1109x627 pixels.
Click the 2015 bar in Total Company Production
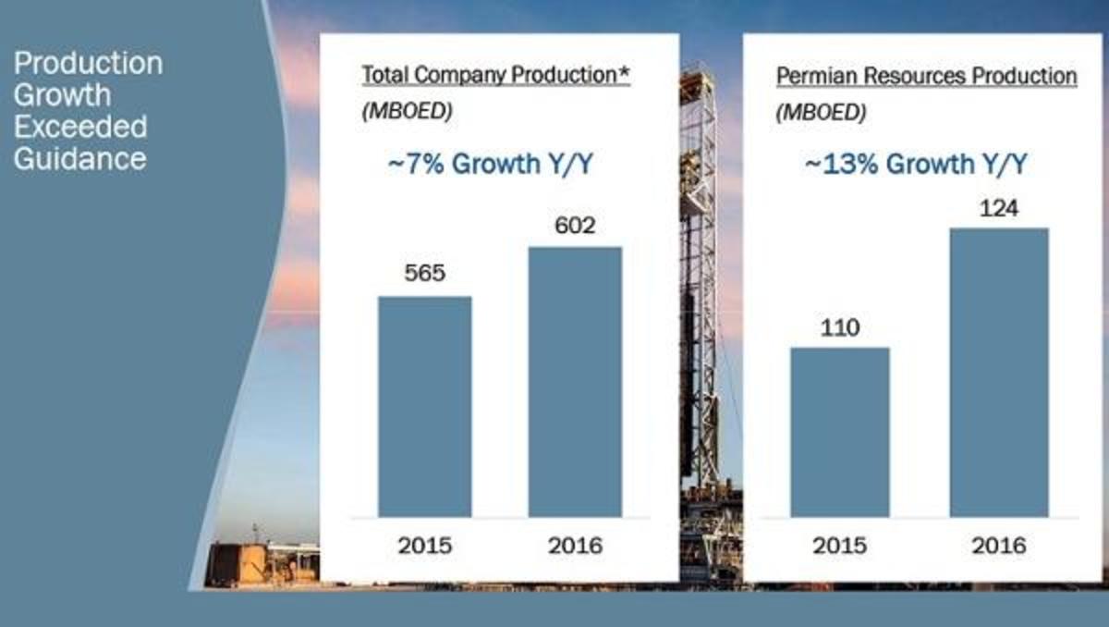tap(425, 407)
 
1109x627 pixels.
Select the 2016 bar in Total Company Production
tap(575, 382)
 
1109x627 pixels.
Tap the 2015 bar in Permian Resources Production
tap(840, 433)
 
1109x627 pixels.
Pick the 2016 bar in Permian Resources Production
tap(999, 373)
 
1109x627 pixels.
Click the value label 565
tap(425, 273)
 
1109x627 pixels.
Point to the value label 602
tap(575, 226)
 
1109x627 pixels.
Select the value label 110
tap(840, 327)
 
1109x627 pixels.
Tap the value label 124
tap(999, 208)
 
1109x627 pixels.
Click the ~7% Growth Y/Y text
tap(490, 164)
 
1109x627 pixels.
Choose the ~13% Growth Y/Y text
tap(916, 164)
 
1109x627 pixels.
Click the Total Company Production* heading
tap(496, 75)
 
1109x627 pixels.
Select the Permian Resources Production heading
tap(926, 76)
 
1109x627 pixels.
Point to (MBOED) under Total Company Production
tap(407, 111)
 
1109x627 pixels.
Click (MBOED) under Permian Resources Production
tap(821, 113)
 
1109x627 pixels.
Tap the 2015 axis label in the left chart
tap(425, 546)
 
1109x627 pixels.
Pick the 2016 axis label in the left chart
tap(575, 546)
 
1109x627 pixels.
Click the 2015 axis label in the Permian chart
tap(840, 546)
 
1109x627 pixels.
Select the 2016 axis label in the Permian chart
tap(999, 546)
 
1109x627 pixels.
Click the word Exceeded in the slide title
tap(80, 127)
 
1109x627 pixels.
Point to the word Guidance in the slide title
tap(80, 159)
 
